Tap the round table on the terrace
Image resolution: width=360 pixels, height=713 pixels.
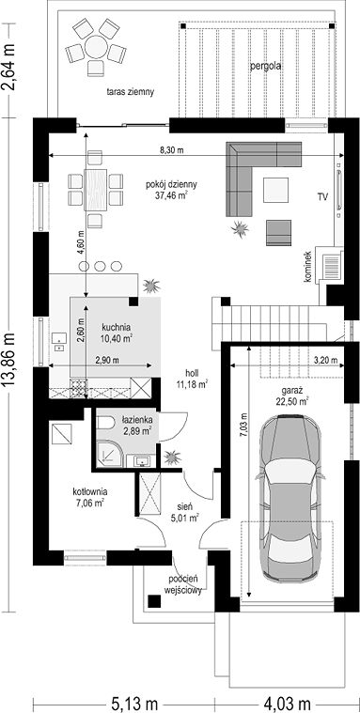coord(96,47)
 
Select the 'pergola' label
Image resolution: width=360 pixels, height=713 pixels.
coord(265,66)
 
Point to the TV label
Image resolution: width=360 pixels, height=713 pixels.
coord(323,196)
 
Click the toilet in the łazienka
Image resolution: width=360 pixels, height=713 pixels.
coord(105,423)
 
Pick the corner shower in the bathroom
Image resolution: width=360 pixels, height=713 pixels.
coord(109,455)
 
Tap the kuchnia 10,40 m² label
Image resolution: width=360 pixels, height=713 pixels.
coord(117,332)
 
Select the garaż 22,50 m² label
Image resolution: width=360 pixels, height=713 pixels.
coord(292,395)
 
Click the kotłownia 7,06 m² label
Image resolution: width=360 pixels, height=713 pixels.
coord(89,497)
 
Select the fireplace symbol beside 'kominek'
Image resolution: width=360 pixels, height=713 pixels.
coord(331,266)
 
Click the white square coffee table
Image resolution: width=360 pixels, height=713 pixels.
coord(275,190)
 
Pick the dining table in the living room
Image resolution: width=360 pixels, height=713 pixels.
coord(96,190)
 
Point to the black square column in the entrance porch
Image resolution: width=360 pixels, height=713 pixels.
coord(155,601)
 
